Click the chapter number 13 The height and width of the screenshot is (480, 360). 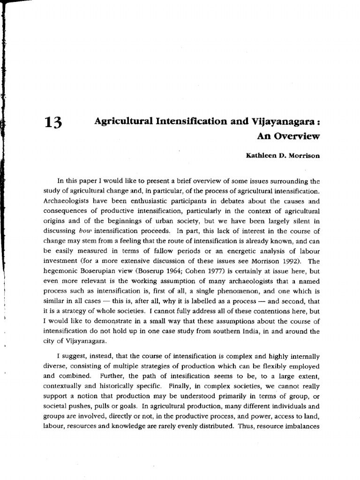click(x=52, y=123)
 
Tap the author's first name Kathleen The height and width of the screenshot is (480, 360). click(x=263, y=156)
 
